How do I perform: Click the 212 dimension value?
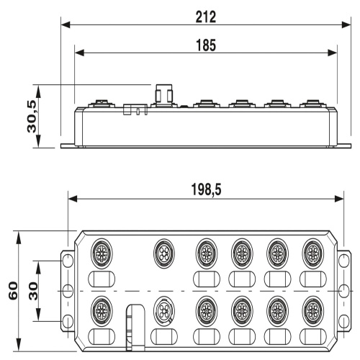(206, 17)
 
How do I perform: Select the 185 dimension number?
(206, 45)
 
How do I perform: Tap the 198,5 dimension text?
(206, 189)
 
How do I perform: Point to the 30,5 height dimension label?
(32, 117)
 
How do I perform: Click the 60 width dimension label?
(13, 290)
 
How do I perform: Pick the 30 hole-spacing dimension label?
(33, 291)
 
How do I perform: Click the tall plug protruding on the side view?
(164, 94)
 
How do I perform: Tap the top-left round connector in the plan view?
(102, 253)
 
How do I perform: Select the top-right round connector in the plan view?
(312, 253)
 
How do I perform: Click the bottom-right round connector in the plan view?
(312, 311)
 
